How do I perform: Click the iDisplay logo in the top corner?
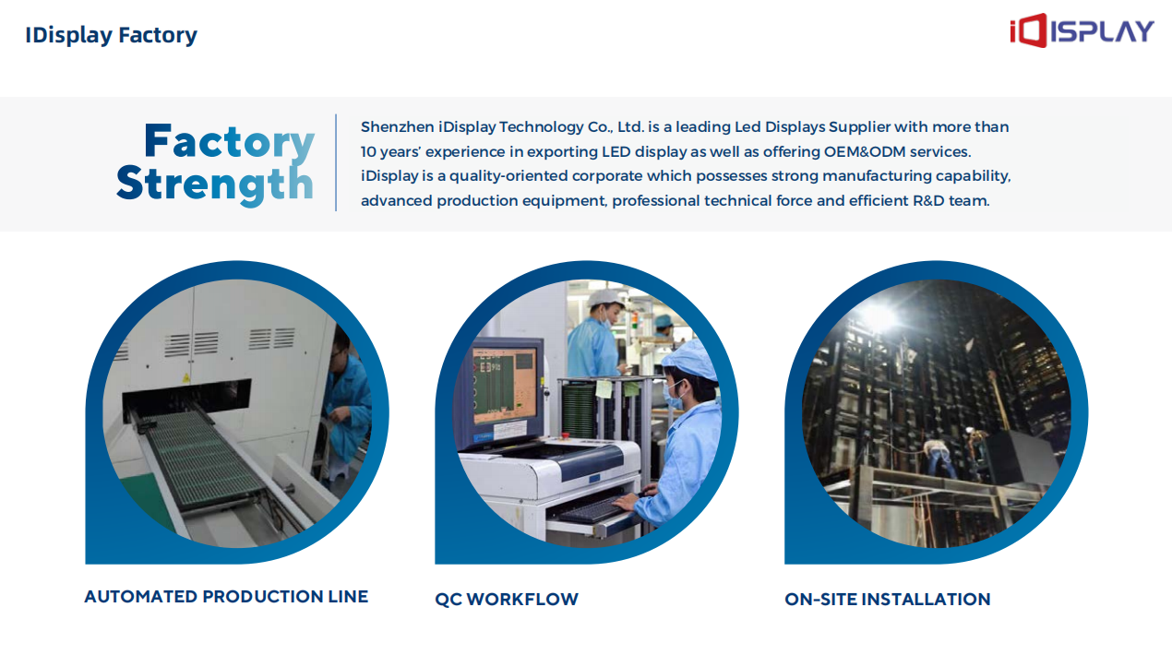(1082, 30)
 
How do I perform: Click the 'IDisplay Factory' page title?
(111, 36)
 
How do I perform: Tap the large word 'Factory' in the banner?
(229, 141)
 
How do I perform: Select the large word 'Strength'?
(215, 184)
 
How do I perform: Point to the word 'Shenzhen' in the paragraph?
(398, 127)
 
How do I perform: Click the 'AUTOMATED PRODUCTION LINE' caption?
(226, 596)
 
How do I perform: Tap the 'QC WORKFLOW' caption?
(507, 599)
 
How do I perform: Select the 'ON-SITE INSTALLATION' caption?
(888, 599)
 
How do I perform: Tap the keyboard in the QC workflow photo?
(595, 509)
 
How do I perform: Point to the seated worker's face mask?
(673, 396)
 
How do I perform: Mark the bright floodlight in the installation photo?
(879, 317)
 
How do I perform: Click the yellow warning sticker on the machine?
(185, 377)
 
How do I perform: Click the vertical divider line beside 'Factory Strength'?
(336, 162)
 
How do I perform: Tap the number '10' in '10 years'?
(368, 151)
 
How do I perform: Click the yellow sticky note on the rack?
(604, 388)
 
